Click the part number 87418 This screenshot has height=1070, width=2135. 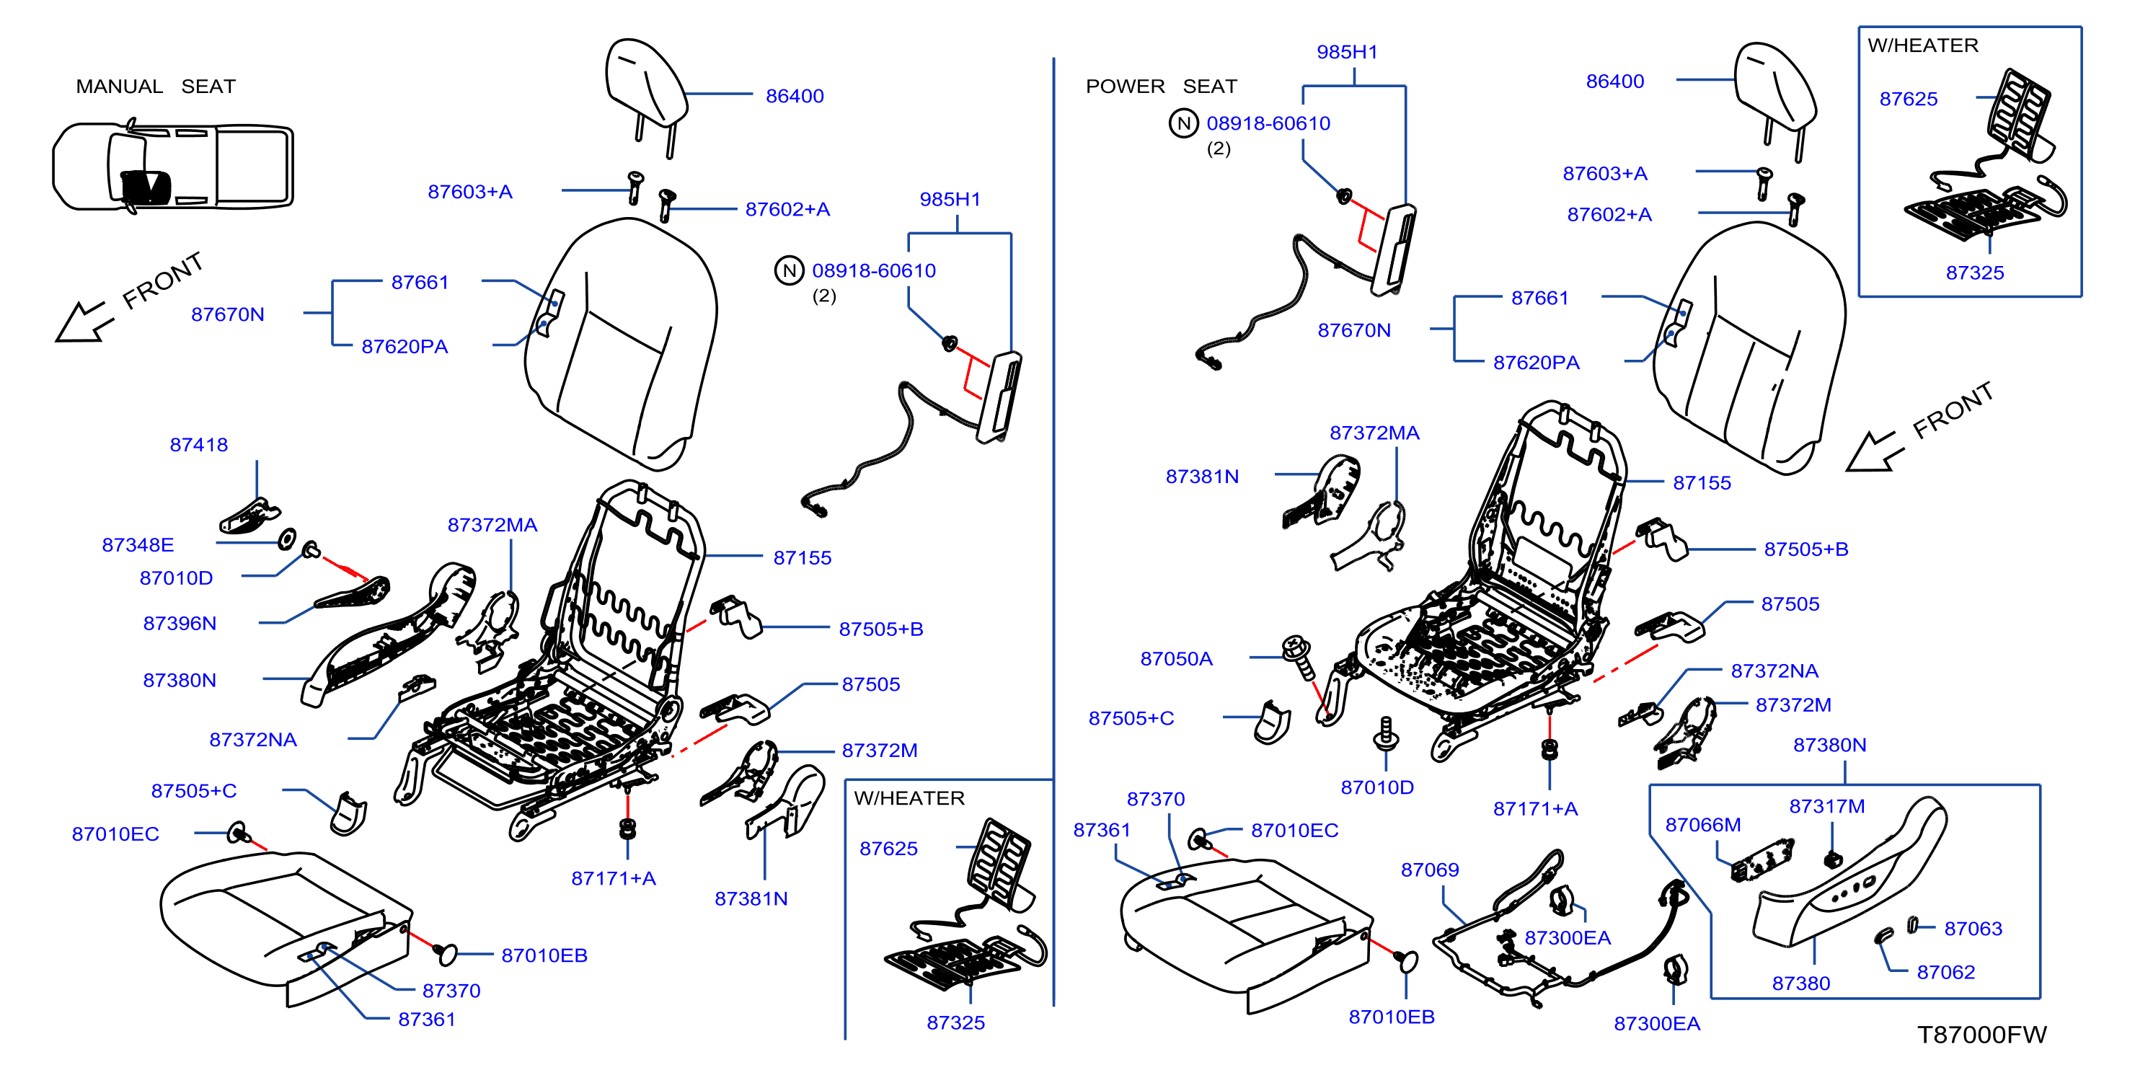pos(199,445)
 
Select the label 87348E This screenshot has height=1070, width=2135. pos(138,544)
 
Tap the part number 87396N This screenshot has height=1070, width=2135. pos(180,623)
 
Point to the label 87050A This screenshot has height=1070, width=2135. pos(1176,659)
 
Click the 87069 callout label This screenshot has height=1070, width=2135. pos(1430,870)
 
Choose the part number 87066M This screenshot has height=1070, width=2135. pos(1703,825)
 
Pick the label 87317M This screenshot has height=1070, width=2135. pos(1826,806)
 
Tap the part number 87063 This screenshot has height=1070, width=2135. pos(1973,928)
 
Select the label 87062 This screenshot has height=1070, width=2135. pos(1946,972)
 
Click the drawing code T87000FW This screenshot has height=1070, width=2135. pos(1981,1035)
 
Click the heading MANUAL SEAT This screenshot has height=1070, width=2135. pos(156,87)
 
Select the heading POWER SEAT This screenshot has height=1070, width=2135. pos(1161,87)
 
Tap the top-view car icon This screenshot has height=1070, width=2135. pos(172,166)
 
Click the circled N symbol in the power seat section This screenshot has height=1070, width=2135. pos(1183,123)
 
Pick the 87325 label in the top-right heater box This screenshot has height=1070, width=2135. pos(1975,273)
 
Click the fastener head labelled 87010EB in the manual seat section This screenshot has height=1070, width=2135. pos(447,954)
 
